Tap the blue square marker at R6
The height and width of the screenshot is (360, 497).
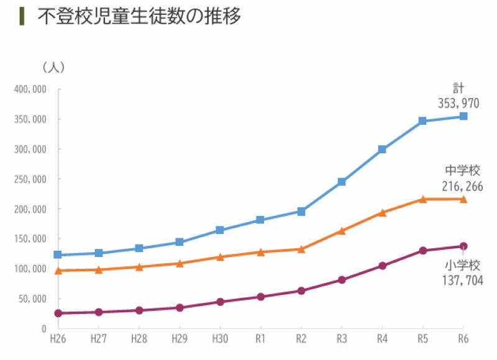pyautogui.click(x=463, y=116)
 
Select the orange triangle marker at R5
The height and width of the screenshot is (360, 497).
pyautogui.click(x=423, y=199)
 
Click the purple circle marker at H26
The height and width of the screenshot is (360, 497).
pyautogui.click(x=58, y=313)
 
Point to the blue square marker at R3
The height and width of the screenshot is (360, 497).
pyautogui.click(x=342, y=182)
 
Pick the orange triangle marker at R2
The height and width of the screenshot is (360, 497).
pyautogui.click(x=301, y=250)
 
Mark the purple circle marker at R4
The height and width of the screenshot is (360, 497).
pyautogui.click(x=383, y=266)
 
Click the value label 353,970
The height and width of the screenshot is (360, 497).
pyautogui.click(x=458, y=103)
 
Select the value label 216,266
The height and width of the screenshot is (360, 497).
pyautogui.click(x=463, y=186)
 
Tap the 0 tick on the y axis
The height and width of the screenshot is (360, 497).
pyautogui.click(x=44, y=328)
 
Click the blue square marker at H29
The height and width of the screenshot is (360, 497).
pyautogui.click(x=180, y=242)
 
